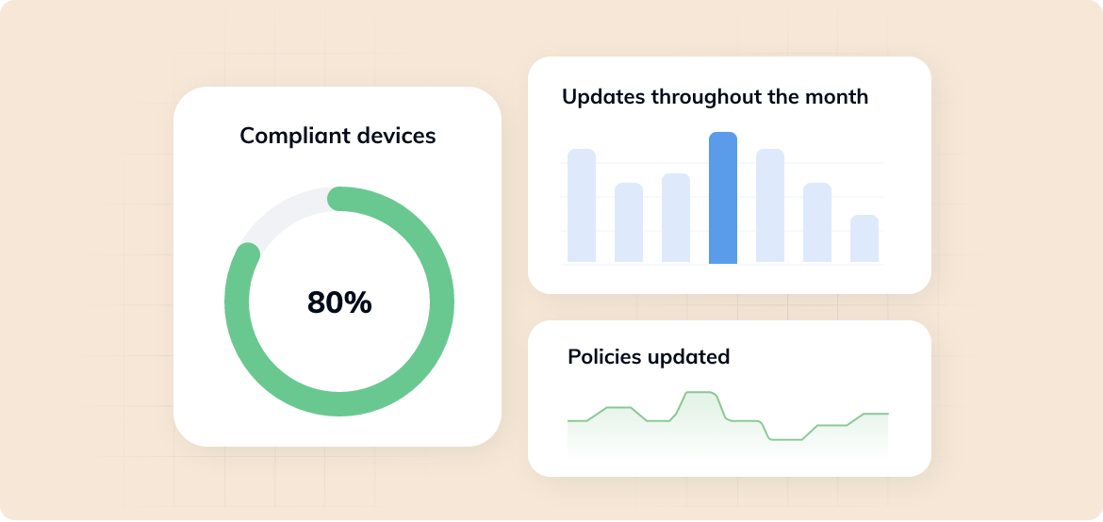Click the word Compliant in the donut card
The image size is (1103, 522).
(285, 136)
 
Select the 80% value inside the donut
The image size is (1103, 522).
(339, 302)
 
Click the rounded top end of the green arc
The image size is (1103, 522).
(338, 198)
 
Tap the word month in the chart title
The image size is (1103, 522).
(837, 96)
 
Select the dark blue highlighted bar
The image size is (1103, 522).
(723, 198)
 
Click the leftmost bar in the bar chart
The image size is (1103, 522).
(582, 205)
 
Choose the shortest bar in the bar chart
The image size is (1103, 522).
(864, 238)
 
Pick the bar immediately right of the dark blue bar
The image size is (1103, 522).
(770, 205)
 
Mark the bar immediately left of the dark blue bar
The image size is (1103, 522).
(676, 218)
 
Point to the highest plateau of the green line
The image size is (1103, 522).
(699, 392)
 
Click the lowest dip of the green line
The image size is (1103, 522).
(786, 439)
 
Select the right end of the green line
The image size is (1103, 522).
(887, 414)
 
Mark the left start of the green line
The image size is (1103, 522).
(568, 421)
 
